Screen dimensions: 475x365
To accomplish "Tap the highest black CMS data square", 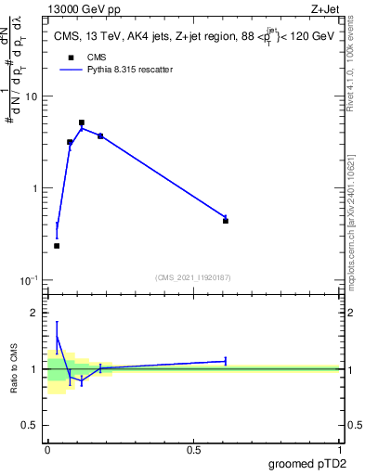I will pyautogui.click(x=82, y=122).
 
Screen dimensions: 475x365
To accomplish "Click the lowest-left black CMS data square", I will pyautogui.click(x=57, y=246).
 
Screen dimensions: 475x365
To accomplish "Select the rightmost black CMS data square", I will pyautogui.click(x=226, y=221).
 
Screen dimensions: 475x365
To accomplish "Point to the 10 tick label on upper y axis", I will pyautogui.click(x=33, y=96).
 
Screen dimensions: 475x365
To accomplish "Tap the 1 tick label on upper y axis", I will pyautogui.click(x=36, y=188).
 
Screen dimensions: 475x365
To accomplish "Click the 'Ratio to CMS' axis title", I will pyautogui.click(x=14, y=369).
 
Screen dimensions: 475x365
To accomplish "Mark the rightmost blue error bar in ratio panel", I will pyautogui.click(x=226, y=361).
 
